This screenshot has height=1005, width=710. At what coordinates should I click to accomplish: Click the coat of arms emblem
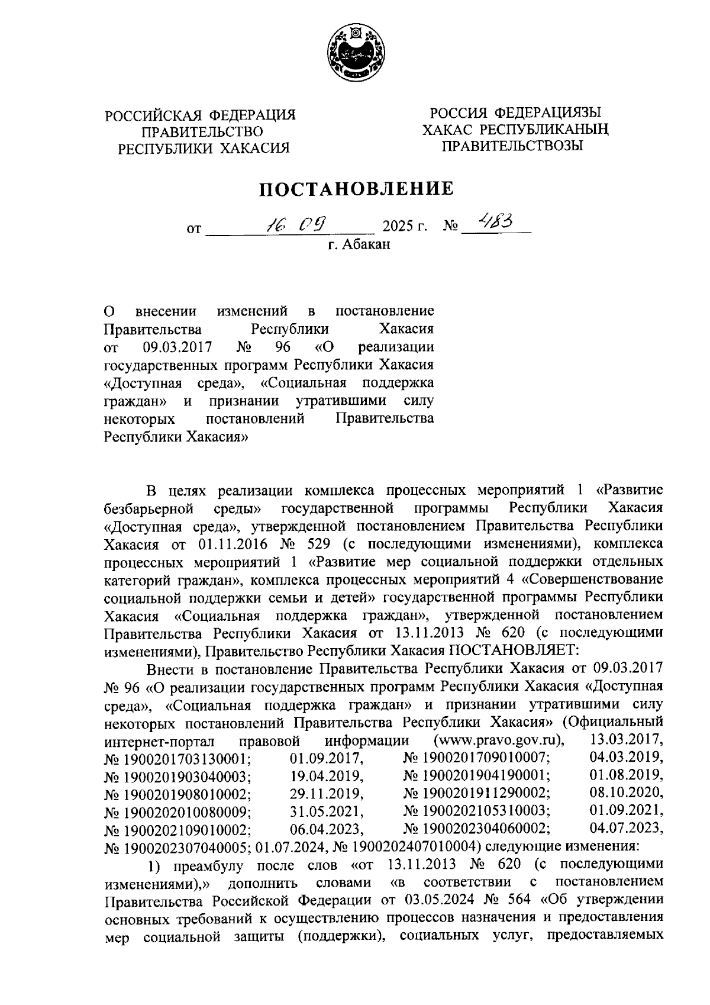tap(356, 54)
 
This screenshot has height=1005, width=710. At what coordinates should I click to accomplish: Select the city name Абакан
tap(367, 244)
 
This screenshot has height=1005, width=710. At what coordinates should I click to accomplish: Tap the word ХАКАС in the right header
tap(447, 128)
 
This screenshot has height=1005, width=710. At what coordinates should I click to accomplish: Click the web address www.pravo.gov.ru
tap(499, 740)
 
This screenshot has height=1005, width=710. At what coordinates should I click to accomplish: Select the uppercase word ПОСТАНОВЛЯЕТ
tap(512, 650)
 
